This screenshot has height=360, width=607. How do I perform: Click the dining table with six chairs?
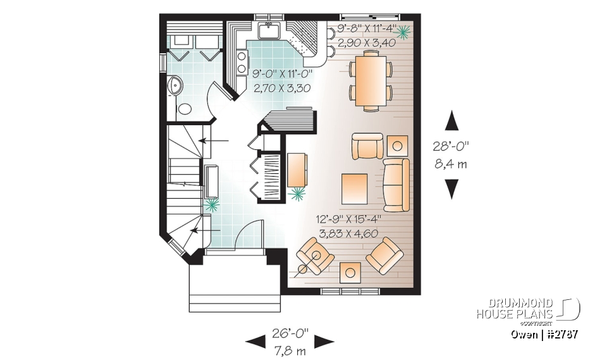point(371,80)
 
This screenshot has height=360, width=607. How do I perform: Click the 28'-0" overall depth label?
point(451,145)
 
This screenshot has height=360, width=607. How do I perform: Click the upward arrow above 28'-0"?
point(451,120)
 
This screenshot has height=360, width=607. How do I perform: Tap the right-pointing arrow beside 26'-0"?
point(324,342)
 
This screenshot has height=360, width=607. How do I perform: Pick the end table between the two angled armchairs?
point(350,272)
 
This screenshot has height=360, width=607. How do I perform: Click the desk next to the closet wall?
point(297,170)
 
